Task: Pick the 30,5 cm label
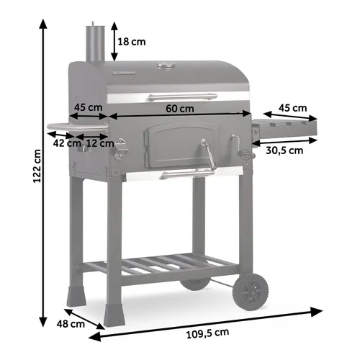[284, 150]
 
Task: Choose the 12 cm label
[100, 143]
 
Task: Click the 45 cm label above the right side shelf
[293, 108]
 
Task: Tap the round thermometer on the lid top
[166, 67]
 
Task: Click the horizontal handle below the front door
[186, 174]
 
